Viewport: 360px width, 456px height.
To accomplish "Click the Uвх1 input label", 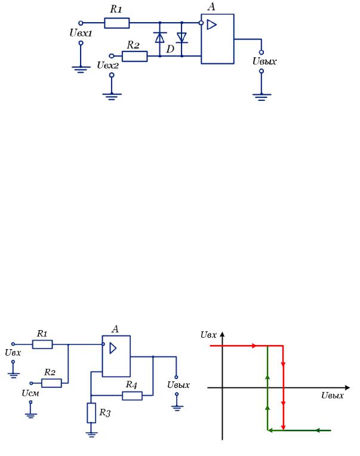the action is (81, 33).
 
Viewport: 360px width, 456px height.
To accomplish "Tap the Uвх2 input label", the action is (108, 65).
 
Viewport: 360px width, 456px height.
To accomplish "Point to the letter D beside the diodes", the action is (170, 49).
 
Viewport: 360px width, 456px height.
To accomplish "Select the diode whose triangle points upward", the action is (159, 38).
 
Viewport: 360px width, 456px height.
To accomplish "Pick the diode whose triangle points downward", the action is (181, 38).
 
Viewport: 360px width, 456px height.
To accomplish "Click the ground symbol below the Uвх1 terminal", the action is (81, 69).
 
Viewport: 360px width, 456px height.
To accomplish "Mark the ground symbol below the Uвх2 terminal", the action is (112, 97).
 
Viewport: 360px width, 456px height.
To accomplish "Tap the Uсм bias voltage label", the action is (30, 393).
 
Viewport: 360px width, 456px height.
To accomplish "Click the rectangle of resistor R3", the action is (91, 413).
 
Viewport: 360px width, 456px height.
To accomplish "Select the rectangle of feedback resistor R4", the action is (133, 396).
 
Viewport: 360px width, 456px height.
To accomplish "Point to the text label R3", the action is (105, 412).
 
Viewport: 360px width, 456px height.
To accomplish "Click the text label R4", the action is (131, 385).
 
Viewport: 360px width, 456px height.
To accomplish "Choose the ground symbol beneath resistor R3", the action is (91, 435).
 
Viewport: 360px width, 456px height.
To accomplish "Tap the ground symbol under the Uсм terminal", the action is (30, 415).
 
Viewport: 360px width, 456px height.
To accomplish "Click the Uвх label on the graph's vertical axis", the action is (208, 335).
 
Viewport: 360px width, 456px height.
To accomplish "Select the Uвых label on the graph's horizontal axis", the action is (333, 395).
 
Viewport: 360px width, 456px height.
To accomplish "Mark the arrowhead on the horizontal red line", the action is (254, 346).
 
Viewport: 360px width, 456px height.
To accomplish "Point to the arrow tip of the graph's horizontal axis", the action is (349, 387).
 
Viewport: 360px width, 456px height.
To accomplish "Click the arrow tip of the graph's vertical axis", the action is (223, 332).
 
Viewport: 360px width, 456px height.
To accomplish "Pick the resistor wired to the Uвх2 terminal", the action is (135, 56).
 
